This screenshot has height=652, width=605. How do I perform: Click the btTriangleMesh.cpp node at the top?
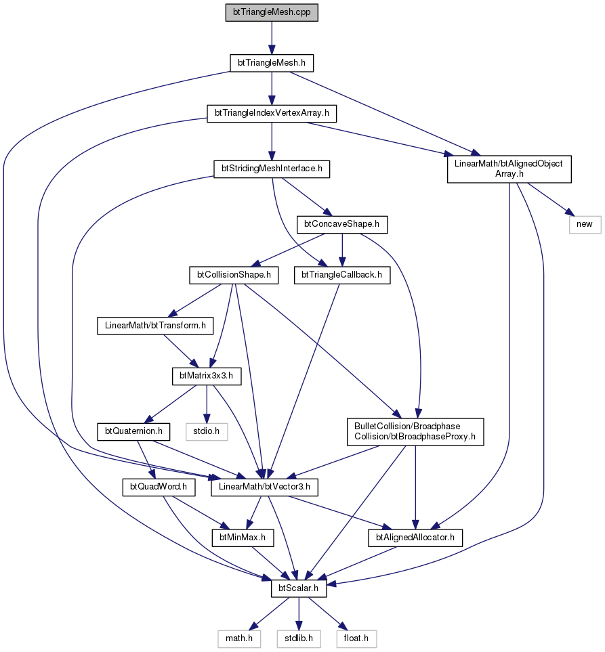tap(272, 12)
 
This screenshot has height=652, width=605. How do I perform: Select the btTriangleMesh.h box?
tap(272, 63)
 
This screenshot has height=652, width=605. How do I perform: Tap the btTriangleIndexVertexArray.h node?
tap(272, 113)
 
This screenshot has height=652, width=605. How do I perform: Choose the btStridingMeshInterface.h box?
tap(272, 169)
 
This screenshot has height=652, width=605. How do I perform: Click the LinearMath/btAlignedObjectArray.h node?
tap(509, 169)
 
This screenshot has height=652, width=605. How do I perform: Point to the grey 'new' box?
tap(585, 225)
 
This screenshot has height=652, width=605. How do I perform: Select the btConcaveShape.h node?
tap(342, 225)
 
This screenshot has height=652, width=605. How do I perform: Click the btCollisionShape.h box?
tap(234, 276)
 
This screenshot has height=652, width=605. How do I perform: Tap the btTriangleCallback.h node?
tap(342, 276)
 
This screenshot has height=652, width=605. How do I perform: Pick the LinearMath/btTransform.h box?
tap(155, 326)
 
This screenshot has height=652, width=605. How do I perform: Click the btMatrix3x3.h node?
tap(207, 376)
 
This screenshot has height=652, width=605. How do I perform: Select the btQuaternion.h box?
tap(133, 431)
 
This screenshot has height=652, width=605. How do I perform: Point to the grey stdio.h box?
tap(207, 431)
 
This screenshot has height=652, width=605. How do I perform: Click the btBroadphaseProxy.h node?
tap(415, 431)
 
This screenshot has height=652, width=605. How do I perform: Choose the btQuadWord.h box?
tap(159, 487)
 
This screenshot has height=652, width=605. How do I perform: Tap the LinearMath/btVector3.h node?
tap(264, 487)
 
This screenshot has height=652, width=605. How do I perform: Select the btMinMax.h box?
tap(243, 538)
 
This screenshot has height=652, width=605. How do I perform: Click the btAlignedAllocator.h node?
tap(415, 538)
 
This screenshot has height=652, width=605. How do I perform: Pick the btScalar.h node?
tap(298, 588)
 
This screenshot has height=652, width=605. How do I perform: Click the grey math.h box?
tap(239, 638)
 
